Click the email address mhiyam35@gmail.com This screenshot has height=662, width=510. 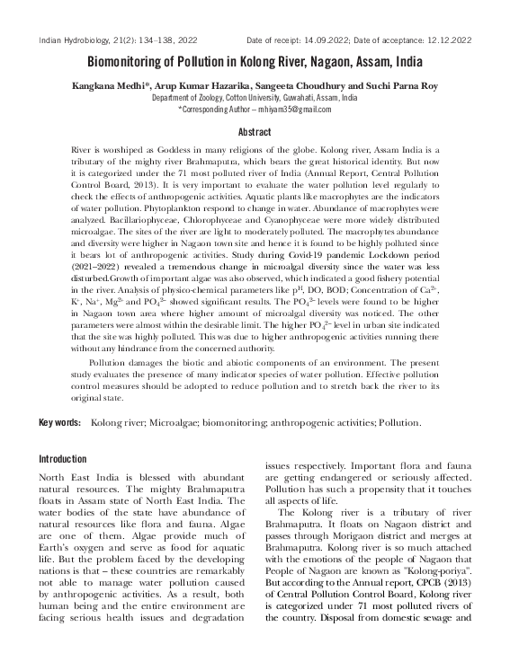(292, 109)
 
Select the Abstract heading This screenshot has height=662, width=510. (255, 131)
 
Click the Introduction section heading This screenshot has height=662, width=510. (63, 459)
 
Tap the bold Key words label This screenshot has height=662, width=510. (59, 421)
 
